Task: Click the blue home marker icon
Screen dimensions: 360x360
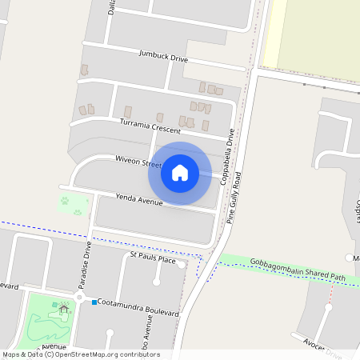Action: point(180,172)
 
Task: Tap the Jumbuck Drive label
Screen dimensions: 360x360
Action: point(163,58)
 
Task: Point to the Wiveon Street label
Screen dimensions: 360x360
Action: point(138,162)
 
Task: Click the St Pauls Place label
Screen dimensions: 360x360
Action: point(153,259)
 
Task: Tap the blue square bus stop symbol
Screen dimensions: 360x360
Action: point(94,302)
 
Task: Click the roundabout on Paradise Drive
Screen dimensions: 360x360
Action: point(78,298)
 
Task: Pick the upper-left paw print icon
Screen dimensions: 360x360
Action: point(64,201)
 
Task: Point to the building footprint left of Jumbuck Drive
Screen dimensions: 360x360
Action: point(84,70)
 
